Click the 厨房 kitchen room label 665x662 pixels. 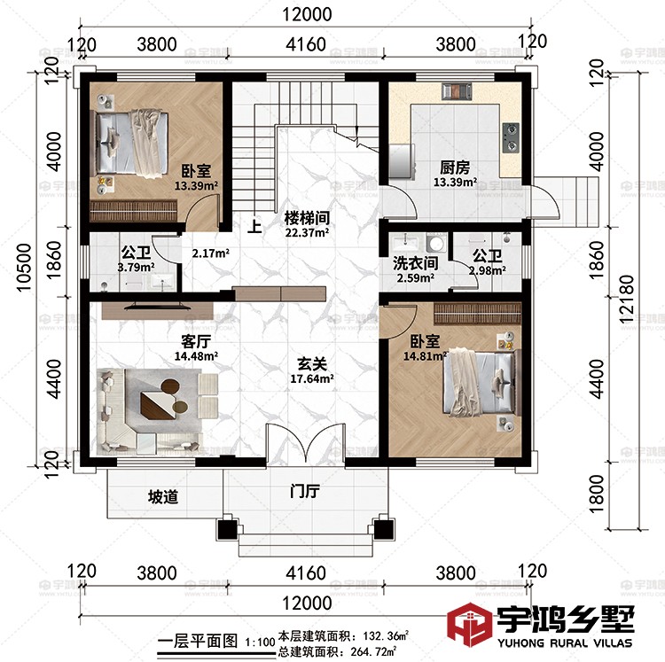[455, 167]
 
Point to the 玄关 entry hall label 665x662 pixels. [309, 362]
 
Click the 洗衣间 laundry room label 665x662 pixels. [415, 263]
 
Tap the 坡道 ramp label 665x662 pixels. [162, 496]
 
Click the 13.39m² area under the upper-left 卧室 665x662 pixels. [197, 186]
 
